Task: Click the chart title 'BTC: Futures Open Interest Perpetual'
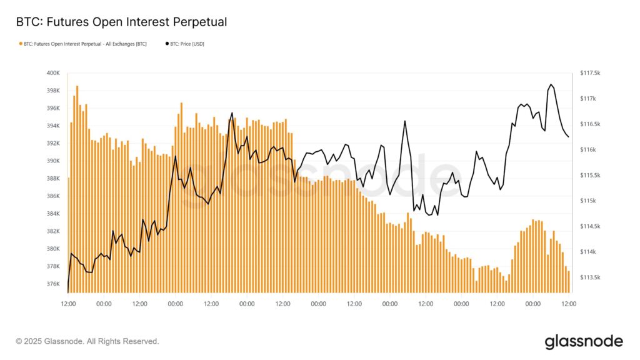(121, 22)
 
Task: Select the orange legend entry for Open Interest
(85, 44)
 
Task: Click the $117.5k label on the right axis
(591, 73)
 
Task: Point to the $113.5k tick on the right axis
(591, 277)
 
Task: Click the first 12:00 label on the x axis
(68, 304)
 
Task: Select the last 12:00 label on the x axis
(569, 304)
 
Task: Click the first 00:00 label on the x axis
(104, 304)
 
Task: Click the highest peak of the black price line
(551, 84)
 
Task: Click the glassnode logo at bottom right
(583, 341)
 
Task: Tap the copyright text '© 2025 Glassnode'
(87, 341)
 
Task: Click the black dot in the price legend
(167, 44)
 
